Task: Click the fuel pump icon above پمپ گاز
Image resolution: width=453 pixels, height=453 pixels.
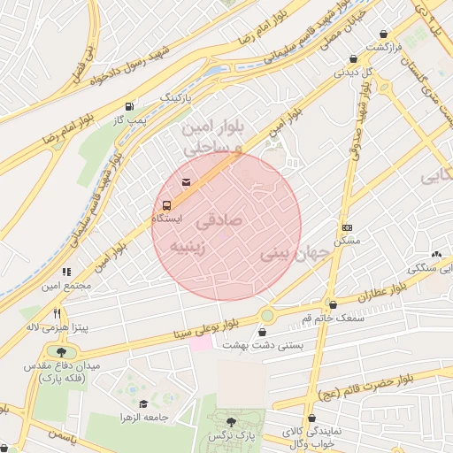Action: [x=132, y=104]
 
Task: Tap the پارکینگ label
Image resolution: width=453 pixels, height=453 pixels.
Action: [x=174, y=96]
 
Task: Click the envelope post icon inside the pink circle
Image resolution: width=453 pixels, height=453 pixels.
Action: [x=186, y=182]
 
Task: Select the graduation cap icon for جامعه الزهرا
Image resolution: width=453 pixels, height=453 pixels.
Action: [x=144, y=403]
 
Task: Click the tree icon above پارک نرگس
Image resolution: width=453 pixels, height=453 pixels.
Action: [x=231, y=422]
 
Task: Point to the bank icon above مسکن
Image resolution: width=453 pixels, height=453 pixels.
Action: [x=347, y=227]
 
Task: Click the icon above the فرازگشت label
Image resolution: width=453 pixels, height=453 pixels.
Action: [x=385, y=33]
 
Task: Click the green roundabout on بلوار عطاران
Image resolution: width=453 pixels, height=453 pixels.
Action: [x=267, y=315]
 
